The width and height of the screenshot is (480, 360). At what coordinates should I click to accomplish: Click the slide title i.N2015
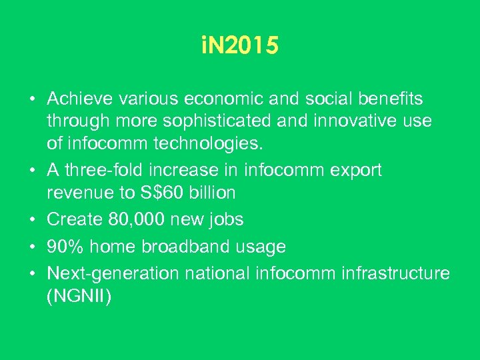[239, 46]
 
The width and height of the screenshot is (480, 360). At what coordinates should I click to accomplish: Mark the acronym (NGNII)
[79, 296]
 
